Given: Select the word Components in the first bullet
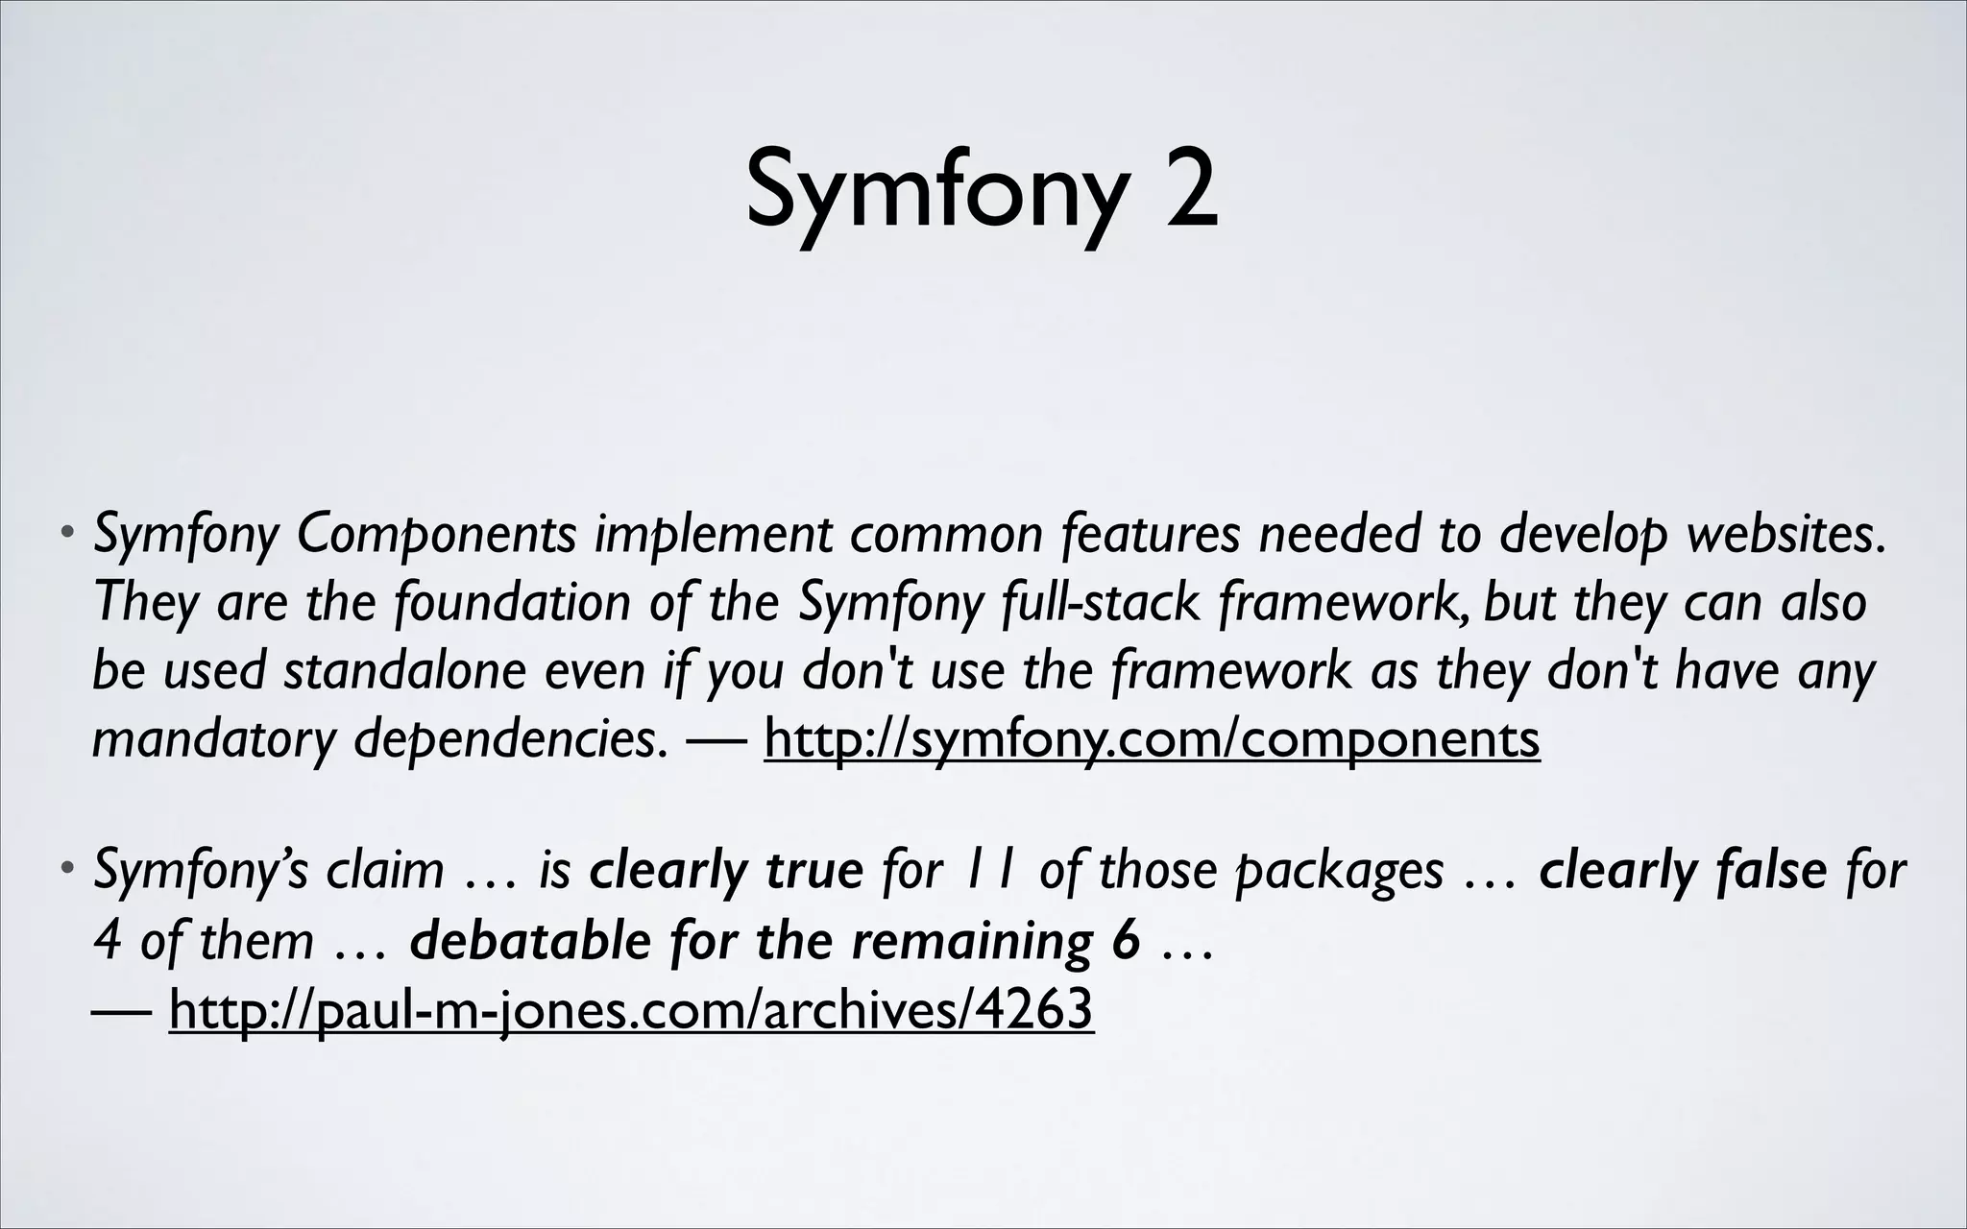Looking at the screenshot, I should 437,536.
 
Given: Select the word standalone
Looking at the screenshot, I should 404,670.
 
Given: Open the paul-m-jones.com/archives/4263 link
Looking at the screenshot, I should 631,1008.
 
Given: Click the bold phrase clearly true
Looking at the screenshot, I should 726,872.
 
